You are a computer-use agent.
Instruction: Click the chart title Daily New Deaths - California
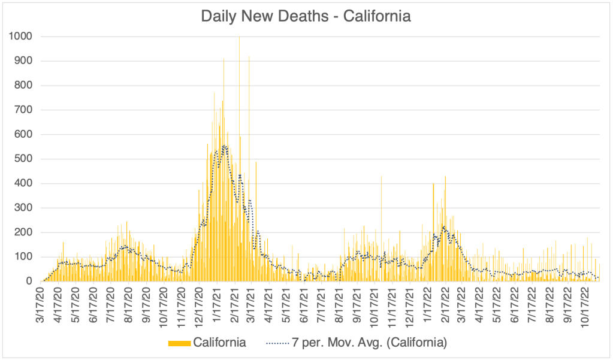tap(306, 16)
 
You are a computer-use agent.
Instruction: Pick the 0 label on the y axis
tap(29, 282)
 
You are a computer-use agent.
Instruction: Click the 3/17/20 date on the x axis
tap(40, 305)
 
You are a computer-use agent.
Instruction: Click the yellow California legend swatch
tap(179, 343)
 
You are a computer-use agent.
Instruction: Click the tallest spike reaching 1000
tap(239, 38)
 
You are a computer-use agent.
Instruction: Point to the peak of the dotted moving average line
tap(224, 146)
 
